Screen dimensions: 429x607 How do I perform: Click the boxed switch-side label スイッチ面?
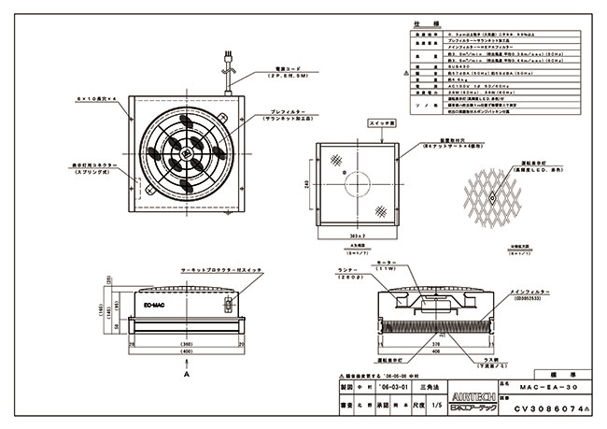[x=385, y=122]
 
